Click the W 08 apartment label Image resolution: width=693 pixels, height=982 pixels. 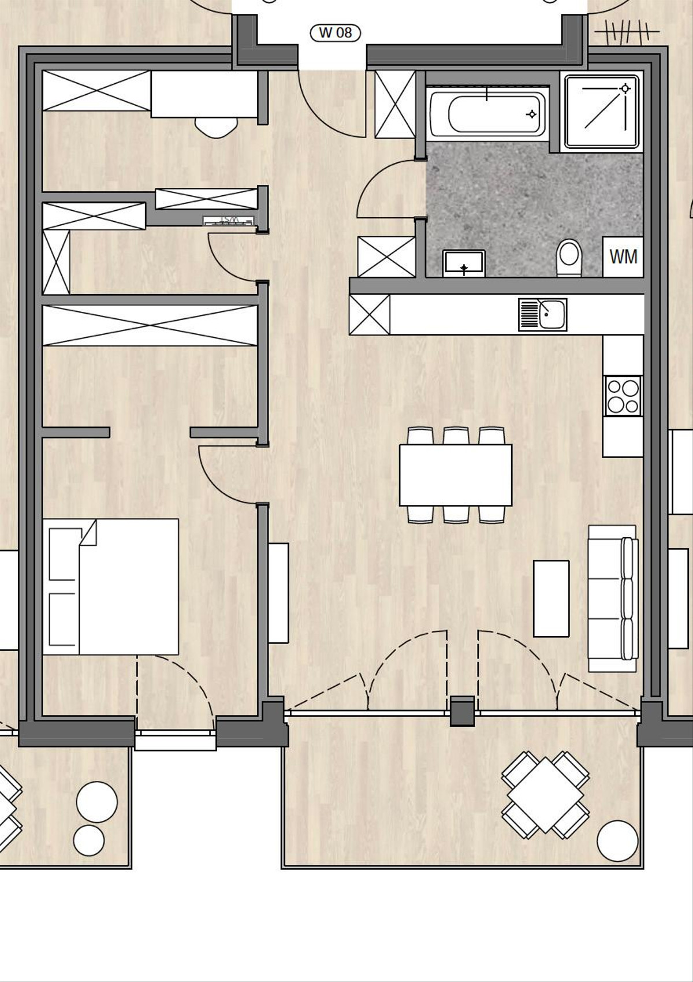336,33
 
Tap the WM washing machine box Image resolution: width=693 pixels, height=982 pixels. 623,256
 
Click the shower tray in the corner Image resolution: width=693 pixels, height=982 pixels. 602,110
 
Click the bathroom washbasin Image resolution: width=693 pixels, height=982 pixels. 464,263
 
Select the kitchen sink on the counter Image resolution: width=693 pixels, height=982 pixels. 542,315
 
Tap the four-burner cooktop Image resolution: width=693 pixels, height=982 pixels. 623,396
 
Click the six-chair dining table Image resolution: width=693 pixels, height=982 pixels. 456,475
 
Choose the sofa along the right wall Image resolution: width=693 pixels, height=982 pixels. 613,598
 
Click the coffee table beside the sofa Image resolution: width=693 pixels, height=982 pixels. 551,598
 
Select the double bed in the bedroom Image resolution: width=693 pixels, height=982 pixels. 110,586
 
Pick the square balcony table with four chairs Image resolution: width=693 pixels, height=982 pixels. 545,795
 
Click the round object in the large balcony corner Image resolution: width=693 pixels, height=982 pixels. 617,840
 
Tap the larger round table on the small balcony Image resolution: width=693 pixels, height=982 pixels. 97,801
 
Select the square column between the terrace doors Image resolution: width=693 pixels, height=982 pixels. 462,711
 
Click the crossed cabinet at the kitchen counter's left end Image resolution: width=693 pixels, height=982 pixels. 370,315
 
